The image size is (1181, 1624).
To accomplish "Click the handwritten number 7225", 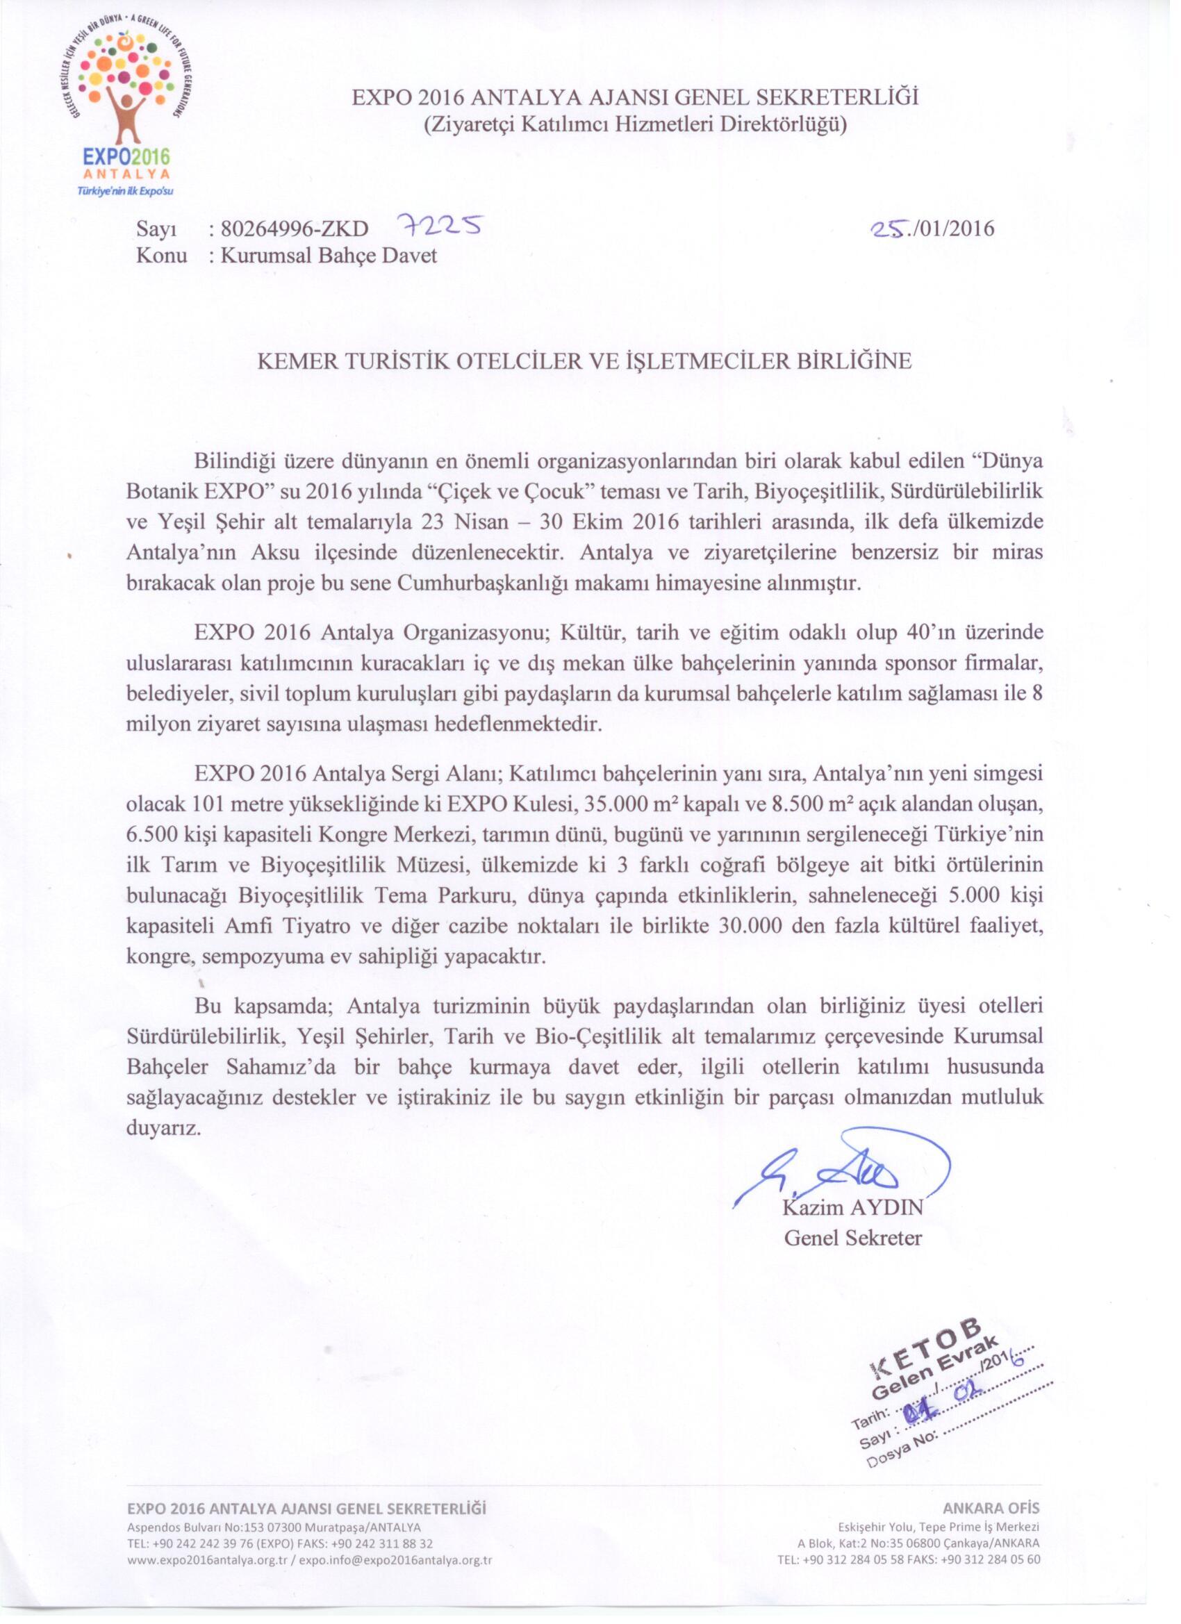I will [438, 228].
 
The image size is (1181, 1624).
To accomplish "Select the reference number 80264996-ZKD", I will [295, 229].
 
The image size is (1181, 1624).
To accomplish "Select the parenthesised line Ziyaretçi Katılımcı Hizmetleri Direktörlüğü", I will [634, 125].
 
